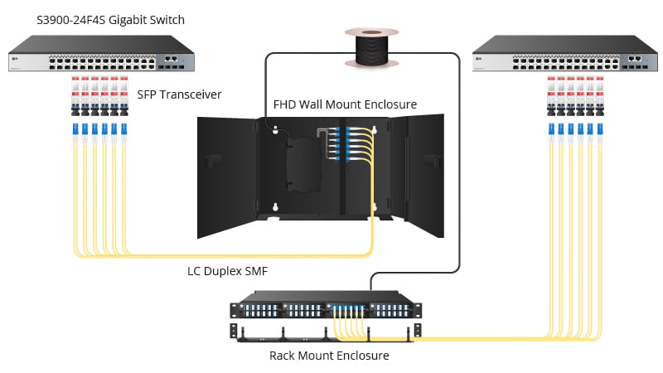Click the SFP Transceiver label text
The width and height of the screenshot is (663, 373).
[179, 94]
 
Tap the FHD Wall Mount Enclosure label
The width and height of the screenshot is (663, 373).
[345, 104]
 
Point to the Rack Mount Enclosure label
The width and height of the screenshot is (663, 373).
[329, 356]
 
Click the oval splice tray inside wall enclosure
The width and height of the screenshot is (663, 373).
[302, 164]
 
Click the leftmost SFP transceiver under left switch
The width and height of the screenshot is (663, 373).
[75, 94]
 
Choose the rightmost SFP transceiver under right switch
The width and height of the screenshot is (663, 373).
[599, 94]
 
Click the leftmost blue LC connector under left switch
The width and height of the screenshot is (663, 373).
[75, 129]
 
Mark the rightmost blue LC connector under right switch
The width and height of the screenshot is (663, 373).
[599, 129]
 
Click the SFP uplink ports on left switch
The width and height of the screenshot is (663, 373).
[175, 60]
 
